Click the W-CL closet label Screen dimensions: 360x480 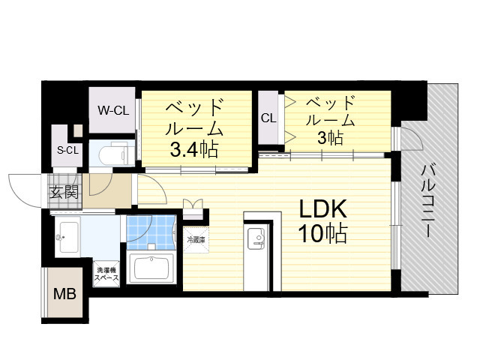113,110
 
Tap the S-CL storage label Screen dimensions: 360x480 68,150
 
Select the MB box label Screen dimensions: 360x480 63,292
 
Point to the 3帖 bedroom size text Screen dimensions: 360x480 331,138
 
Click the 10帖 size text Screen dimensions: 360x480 325,235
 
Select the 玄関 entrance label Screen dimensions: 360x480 64,193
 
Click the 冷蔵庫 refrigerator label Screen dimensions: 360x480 195,239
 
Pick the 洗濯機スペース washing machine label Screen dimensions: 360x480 104,273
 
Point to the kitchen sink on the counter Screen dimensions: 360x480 256,239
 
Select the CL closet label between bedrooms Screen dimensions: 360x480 268,118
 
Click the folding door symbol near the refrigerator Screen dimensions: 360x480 193,203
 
